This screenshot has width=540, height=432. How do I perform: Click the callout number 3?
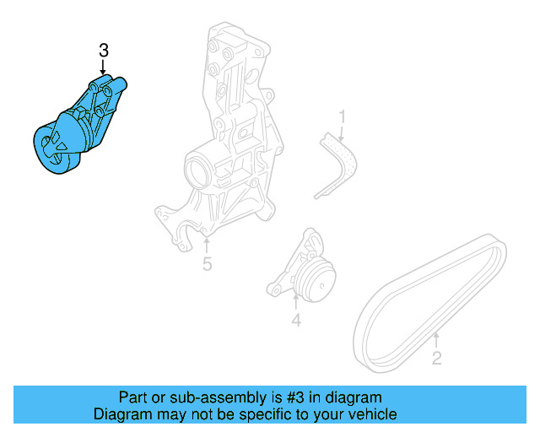coord(104,51)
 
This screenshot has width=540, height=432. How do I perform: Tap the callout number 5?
coord(207,265)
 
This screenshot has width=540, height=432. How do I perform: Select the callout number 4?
coord(296,320)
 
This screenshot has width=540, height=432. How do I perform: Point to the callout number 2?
coord(436,359)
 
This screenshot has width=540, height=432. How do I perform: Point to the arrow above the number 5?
coord(207,245)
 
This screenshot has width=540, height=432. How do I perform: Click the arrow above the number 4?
coord(296,301)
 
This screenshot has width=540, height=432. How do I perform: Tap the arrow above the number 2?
coord(435,340)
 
